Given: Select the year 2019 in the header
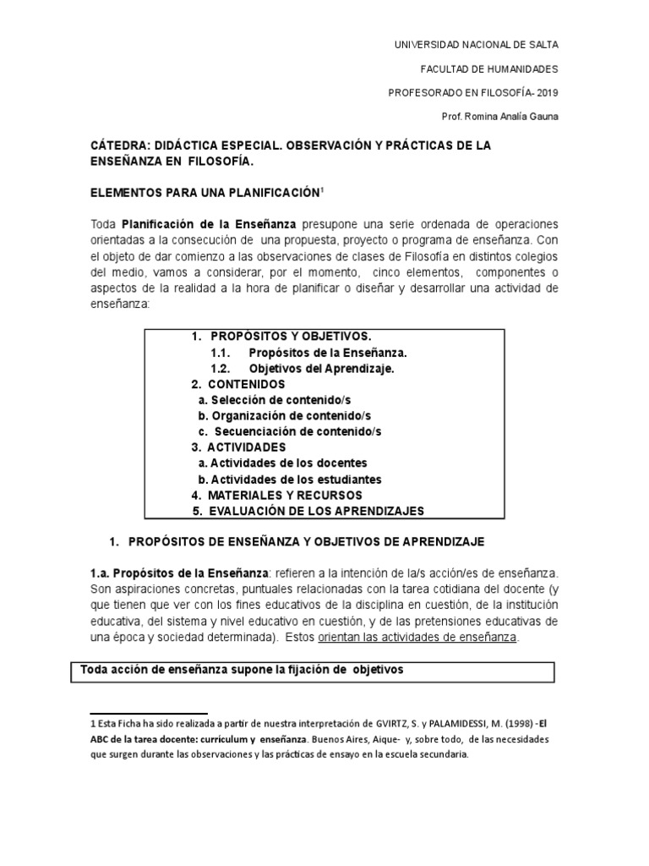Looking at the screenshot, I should [x=546, y=92].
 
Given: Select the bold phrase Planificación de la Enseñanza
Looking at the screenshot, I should [x=209, y=224].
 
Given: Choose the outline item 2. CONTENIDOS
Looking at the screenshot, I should [x=232, y=384].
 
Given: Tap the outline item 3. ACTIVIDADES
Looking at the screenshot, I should [x=238, y=447].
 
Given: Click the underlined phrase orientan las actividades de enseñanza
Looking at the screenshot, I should [x=434, y=637].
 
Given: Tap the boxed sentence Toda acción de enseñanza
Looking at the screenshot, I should [x=242, y=671].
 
